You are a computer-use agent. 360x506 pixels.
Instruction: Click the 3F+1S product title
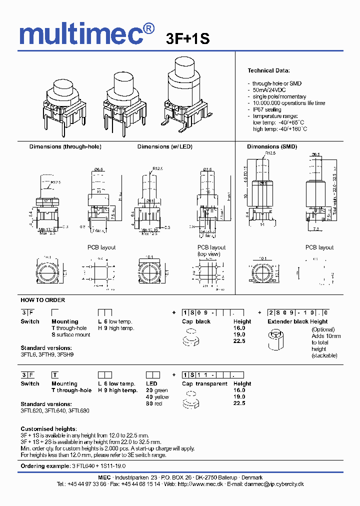(x=187, y=39)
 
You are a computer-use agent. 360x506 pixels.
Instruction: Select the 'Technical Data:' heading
(x=268, y=70)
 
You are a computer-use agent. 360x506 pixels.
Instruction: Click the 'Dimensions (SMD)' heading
(x=272, y=146)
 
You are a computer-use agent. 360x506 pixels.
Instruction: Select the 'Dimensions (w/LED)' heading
(x=165, y=146)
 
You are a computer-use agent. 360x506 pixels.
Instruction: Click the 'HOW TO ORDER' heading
(x=42, y=300)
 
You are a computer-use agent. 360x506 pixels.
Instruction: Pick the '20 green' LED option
(x=157, y=390)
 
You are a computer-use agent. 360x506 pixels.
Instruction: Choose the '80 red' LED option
(x=154, y=403)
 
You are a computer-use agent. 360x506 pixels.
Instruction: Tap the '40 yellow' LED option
(x=157, y=397)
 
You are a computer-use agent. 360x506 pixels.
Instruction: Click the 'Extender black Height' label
(x=297, y=321)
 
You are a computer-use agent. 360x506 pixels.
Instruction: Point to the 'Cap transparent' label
(x=204, y=383)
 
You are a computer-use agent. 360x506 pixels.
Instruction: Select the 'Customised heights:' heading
(x=48, y=429)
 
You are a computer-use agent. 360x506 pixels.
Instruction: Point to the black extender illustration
(x=274, y=340)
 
